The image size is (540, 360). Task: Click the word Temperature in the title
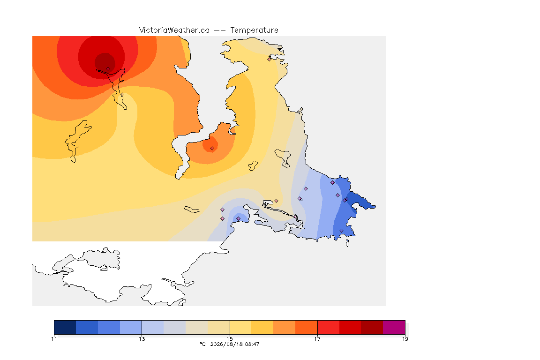(x=254, y=30)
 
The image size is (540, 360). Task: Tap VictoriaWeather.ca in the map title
(x=174, y=30)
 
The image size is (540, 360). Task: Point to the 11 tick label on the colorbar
(x=54, y=339)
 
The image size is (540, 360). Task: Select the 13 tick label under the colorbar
(x=142, y=339)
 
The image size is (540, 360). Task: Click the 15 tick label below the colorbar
(x=230, y=339)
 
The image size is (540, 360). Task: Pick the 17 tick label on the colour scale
(x=317, y=339)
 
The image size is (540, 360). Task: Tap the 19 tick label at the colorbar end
(x=405, y=339)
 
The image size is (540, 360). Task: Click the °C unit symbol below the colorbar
(x=202, y=344)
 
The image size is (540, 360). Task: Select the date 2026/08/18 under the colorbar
(x=224, y=344)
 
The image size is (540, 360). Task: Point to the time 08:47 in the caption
(x=253, y=344)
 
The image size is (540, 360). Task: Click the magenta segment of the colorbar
(x=394, y=327)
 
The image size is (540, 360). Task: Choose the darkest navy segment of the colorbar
(x=65, y=327)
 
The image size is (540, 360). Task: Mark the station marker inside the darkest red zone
(x=108, y=69)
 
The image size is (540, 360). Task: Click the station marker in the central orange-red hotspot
(x=212, y=149)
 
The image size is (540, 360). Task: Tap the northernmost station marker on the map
(x=270, y=59)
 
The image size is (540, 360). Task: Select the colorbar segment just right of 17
(x=328, y=327)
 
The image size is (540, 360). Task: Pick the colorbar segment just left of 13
(x=131, y=327)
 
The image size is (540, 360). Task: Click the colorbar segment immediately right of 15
(x=240, y=327)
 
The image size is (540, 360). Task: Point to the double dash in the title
(x=220, y=30)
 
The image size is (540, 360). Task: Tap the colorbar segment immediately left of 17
(x=306, y=327)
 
